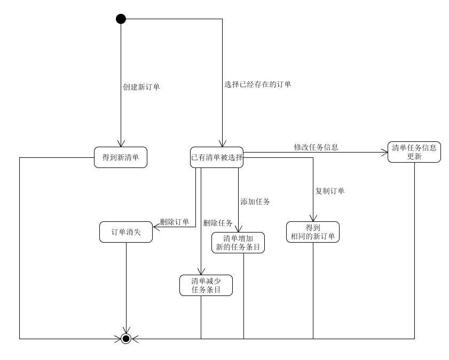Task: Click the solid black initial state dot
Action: (x=121, y=19)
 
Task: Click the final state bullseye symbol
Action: (x=126, y=338)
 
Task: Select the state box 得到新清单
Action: (x=121, y=157)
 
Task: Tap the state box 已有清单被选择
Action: (x=217, y=157)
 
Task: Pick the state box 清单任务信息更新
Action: (x=414, y=152)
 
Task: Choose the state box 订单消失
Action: (x=126, y=232)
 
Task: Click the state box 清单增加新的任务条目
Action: (x=238, y=243)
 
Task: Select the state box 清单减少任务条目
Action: (x=206, y=285)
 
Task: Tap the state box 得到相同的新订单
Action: (x=313, y=232)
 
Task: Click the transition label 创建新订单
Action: (x=141, y=87)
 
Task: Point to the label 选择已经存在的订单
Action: (x=258, y=84)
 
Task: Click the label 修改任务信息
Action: (x=316, y=147)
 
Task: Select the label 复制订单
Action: (x=330, y=191)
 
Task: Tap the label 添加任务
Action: (x=255, y=202)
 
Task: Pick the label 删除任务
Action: (x=218, y=223)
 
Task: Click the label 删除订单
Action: (x=175, y=222)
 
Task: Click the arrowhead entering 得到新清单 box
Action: (x=121, y=143)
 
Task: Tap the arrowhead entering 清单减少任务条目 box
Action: (x=201, y=271)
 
